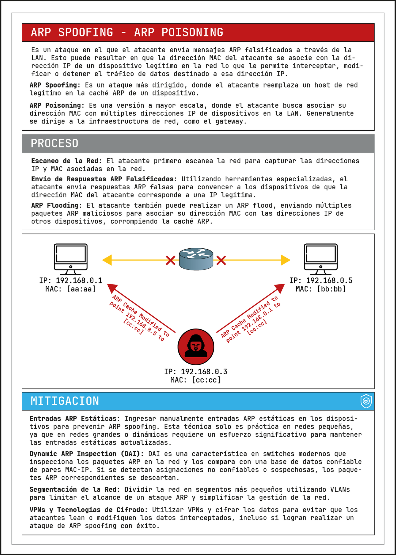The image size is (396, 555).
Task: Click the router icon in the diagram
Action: tap(196, 259)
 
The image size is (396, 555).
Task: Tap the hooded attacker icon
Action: tap(196, 347)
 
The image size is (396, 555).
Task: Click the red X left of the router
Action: tap(170, 260)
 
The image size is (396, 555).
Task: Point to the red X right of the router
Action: tap(221, 260)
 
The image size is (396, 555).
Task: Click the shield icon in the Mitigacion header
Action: tap(366, 401)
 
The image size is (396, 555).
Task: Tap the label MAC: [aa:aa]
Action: tap(71, 289)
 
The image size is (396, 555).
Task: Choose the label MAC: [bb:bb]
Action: tap(321, 289)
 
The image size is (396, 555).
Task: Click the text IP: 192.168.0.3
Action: tap(196, 372)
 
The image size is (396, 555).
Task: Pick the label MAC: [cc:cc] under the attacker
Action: tap(196, 380)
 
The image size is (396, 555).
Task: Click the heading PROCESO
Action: tap(55, 143)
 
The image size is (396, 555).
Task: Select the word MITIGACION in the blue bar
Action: tap(65, 401)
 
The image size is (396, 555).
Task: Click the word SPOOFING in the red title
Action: tap(85, 32)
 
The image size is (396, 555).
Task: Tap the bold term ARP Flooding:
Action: tap(57, 205)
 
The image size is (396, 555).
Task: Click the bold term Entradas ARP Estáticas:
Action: tap(75, 418)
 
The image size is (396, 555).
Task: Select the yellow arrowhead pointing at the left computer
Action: tap(107, 260)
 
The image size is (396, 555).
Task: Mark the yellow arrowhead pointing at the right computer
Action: tap(286, 260)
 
